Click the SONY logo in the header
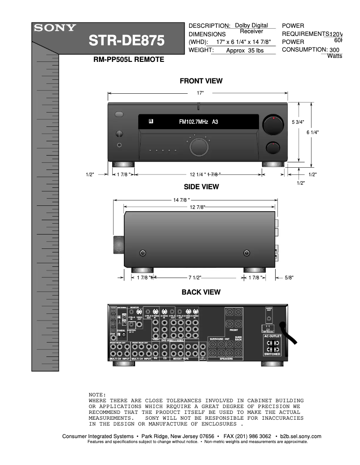pyautogui.click(x=55, y=28)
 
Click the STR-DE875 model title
pyautogui.click(x=127, y=41)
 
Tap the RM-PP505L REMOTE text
pyautogui.click(x=128, y=59)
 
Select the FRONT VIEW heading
pyautogui.click(x=201, y=81)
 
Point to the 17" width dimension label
pyautogui.click(x=200, y=93)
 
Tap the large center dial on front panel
pyautogui.click(x=198, y=147)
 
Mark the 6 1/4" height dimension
pyautogui.click(x=312, y=132)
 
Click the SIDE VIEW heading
pyautogui.click(x=201, y=187)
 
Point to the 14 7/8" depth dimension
pyautogui.click(x=181, y=200)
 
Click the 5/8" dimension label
pyautogui.click(x=289, y=278)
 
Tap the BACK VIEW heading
pyautogui.click(x=201, y=292)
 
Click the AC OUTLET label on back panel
pyautogui.click(x=272, y=336)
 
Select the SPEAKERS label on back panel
pyautogui.click(x=226, y=359)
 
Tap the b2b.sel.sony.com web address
pyautogui.click(x=300, y=436)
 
